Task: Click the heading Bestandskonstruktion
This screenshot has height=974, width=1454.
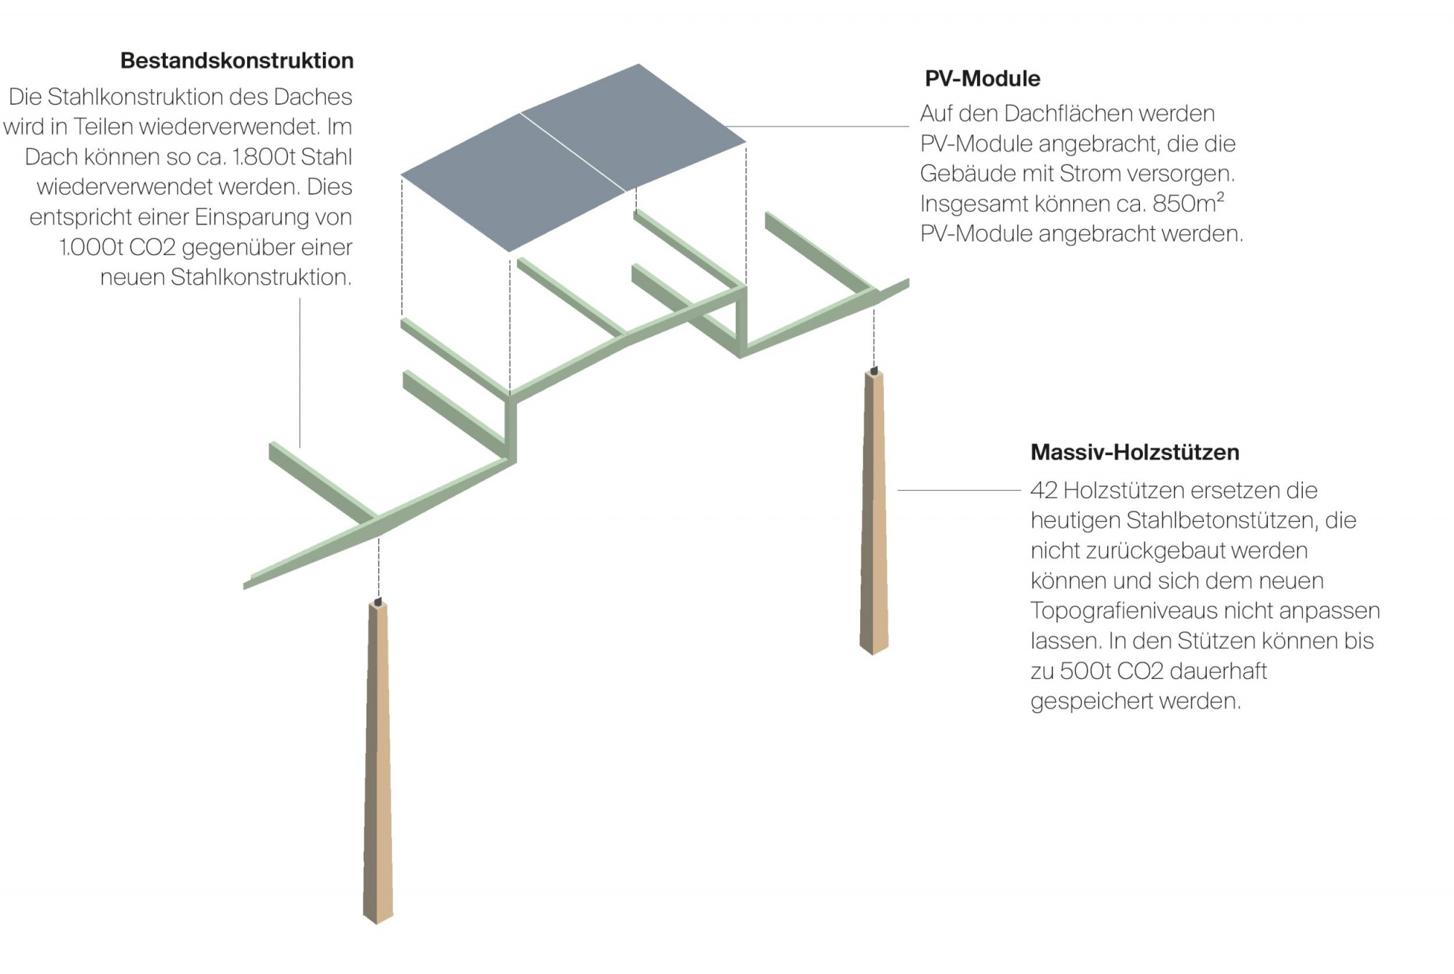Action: [x=237, y=60]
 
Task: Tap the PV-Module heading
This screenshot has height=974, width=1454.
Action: [x=982, y=79]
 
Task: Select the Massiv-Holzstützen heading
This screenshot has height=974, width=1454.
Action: [x=1134, y=452]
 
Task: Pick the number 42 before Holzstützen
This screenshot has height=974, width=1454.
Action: [x=1043, y=491]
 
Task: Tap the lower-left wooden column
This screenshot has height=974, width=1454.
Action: [x=378, y=763]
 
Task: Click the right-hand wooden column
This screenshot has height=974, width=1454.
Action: [x=874, y=509]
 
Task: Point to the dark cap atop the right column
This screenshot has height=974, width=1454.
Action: [x=875, y=371]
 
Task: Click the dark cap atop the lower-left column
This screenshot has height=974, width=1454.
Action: [x=378, y=602]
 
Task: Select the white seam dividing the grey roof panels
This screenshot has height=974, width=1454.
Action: [x=573, y=152]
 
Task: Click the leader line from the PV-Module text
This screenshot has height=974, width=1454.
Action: [x=822, y=126]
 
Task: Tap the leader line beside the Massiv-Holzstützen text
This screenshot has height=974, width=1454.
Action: [x=960, y=491]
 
